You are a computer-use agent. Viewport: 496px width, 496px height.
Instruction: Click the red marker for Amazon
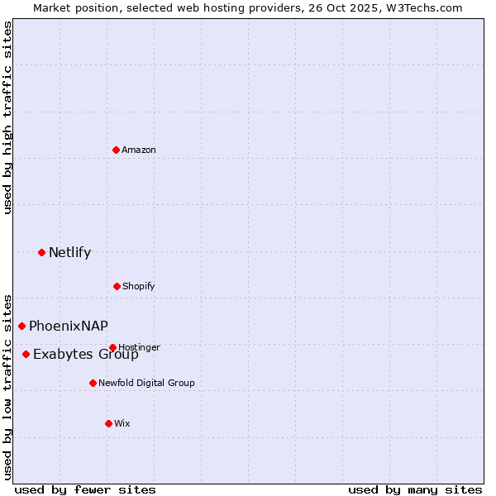tap(117, 150)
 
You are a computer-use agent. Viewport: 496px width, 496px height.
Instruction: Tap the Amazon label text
tap(139, 150)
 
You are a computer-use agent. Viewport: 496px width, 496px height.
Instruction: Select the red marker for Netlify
tap(41, 252)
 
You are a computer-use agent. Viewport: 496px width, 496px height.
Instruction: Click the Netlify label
tap(69, 253)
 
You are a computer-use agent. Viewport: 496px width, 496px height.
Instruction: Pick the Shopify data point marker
tap(117, 286)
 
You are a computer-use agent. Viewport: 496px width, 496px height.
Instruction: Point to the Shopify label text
tap(139, 286)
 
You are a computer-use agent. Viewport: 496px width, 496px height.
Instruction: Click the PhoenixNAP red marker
tap(21, 326)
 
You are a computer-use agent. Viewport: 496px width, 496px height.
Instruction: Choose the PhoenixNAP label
tap(69, 326)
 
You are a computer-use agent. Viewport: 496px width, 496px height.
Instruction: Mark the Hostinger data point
tap(112, 347)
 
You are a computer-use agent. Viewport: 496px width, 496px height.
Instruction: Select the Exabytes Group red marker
tap(26, 354)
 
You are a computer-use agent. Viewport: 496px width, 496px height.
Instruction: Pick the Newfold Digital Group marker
tap(93, 383)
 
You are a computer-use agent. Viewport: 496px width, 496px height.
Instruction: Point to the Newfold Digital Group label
tap(146, 383)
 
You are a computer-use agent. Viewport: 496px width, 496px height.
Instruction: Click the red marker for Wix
tap(108, 423)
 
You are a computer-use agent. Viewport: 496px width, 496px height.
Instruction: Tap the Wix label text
tap(122, 423)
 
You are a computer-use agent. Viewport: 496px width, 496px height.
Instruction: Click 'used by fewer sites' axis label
tap(85, 489)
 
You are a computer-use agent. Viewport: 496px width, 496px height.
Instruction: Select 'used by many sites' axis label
tap(415, 489)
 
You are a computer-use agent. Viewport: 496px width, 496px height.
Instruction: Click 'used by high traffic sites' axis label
tap(7, 117)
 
